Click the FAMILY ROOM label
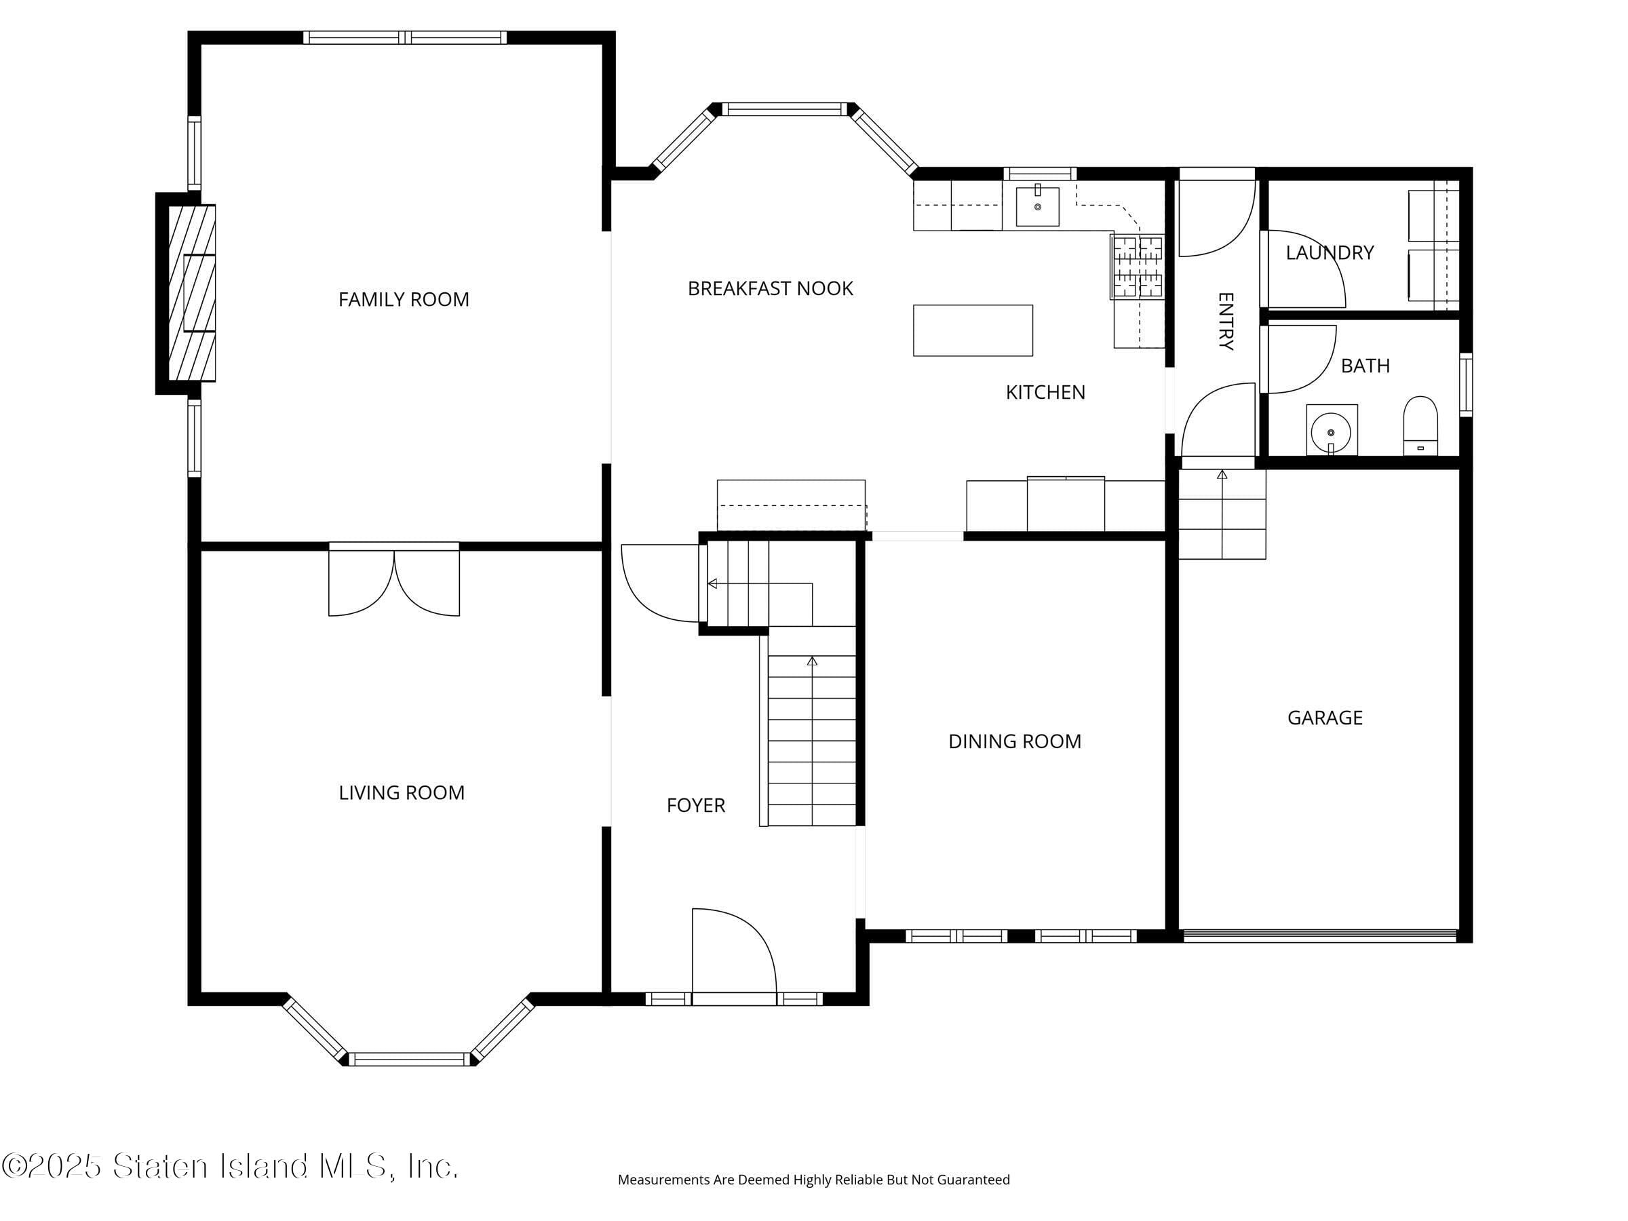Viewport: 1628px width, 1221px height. (x=404, y=300)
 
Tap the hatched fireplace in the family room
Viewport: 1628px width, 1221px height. (x=192, y=293)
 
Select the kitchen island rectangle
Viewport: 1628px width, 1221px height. (x=972, y=330)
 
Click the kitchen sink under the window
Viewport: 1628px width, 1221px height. (x=1037, y=207)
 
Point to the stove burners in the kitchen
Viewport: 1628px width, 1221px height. (x=1137, y=267)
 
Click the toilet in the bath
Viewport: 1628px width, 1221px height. (x=1420, y=426)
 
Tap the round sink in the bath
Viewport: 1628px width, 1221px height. (x=1331, y=431)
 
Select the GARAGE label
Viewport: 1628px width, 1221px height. (x=1325, y=718)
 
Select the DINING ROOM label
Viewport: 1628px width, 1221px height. (x=1014, y=741)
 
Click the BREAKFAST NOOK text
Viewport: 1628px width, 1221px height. (x=770, y=288)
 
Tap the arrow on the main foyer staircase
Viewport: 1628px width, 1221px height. (x=812, y=661)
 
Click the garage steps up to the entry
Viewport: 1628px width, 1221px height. (x=1222, y=515)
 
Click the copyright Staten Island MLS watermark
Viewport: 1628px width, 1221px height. (x=230, y=1166)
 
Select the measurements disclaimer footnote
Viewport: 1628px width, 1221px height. (x=813, y=1180)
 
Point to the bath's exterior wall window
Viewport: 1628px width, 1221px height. (x=1465, y=385)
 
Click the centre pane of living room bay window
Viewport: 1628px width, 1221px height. (x=408, y=1059)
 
